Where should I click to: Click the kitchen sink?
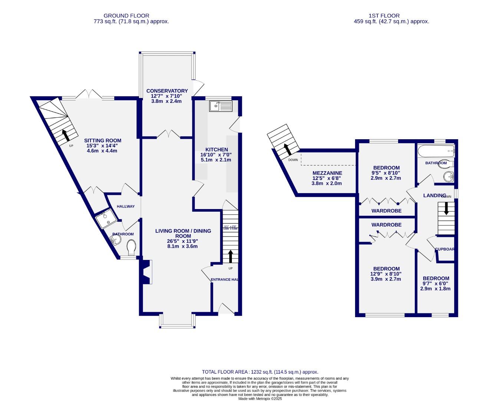click(220, 106)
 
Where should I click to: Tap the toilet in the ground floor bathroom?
click(131, 248)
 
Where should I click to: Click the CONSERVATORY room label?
click(167, 91)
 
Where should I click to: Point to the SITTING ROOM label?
click(103, 141)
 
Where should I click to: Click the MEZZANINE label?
click(327, 173)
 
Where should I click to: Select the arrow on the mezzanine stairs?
click(287, 149)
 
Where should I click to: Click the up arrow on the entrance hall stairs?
click(230, 256)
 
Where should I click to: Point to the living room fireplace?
click(146, 272)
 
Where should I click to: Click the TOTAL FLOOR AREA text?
click(260, 372)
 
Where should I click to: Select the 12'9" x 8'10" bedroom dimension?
click(386, 274)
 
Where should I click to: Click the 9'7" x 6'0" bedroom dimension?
click(436, 283)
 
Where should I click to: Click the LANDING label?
click(434, 195)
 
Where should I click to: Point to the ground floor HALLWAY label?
click(125, 206)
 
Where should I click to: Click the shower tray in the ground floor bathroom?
click(106, 219)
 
